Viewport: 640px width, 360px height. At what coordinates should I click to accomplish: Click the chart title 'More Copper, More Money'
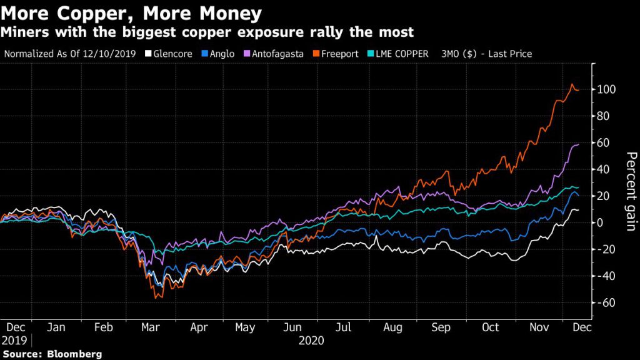tap(131, 12)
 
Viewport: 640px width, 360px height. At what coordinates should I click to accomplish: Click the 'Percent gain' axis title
tap(631, 191)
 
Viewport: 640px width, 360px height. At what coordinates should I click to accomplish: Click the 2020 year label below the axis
tap(311, 341)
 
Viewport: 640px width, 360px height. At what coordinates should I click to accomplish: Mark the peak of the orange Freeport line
tap(571, 84)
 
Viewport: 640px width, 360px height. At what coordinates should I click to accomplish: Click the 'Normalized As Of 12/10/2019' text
tap(70, 54)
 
